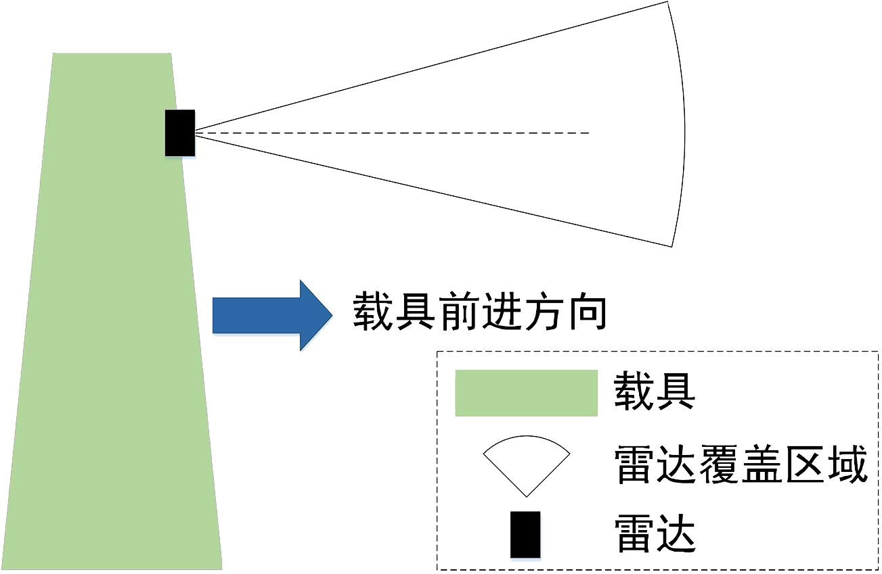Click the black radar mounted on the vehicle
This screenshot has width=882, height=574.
click(x=179, y=133)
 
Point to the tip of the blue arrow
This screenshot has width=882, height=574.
click(x=330, y=315)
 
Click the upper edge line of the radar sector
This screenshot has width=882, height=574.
click(x=433, y=66)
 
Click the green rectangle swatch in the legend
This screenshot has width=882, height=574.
click(x=526, y=393)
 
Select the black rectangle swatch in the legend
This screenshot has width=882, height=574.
click(x=525, y=534)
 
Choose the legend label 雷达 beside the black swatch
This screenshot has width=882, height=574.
click(x=654, y=535)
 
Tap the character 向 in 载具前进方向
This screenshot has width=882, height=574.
click(x=585, y=312)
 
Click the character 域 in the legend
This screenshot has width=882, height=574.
click(x=846, y=464)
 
